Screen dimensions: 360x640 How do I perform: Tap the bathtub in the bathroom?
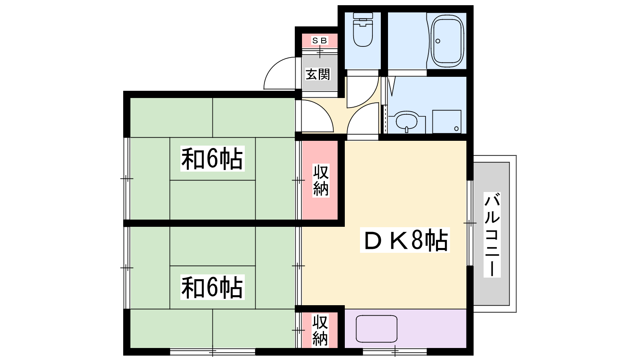point(447,40)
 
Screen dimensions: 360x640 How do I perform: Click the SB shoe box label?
point(320,40)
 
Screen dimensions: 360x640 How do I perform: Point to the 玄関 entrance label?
point(318,74)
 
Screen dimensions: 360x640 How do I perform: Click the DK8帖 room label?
point(405,240)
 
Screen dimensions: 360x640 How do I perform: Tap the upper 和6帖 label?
point(212,159)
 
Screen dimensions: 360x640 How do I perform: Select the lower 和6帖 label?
point(212,287)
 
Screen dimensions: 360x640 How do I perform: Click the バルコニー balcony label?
point(492,235)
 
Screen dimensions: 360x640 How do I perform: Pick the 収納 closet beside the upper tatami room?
point(321,180)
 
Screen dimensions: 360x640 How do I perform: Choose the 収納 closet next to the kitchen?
point(320,330)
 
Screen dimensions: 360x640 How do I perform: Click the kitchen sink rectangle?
point(376,329)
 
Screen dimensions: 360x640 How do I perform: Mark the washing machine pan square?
point(446,121)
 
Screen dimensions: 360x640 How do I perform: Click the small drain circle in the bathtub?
point(438,41)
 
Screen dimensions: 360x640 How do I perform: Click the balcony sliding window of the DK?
point(470,223)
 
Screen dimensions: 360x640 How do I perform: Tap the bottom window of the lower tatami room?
point(212,352)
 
